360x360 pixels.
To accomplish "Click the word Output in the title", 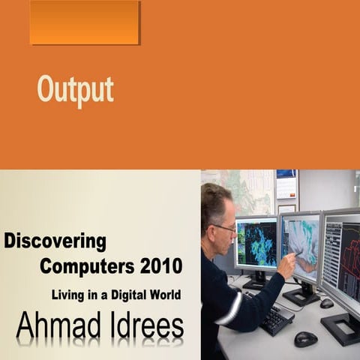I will pos(76,90).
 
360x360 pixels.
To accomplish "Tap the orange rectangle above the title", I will pos(85,22).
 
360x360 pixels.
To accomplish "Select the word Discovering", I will pos(55,242).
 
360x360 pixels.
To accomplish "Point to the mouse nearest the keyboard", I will pos(305,338).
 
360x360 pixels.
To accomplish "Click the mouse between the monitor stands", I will pos(326,303).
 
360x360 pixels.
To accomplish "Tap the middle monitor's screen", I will pos(300,244).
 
